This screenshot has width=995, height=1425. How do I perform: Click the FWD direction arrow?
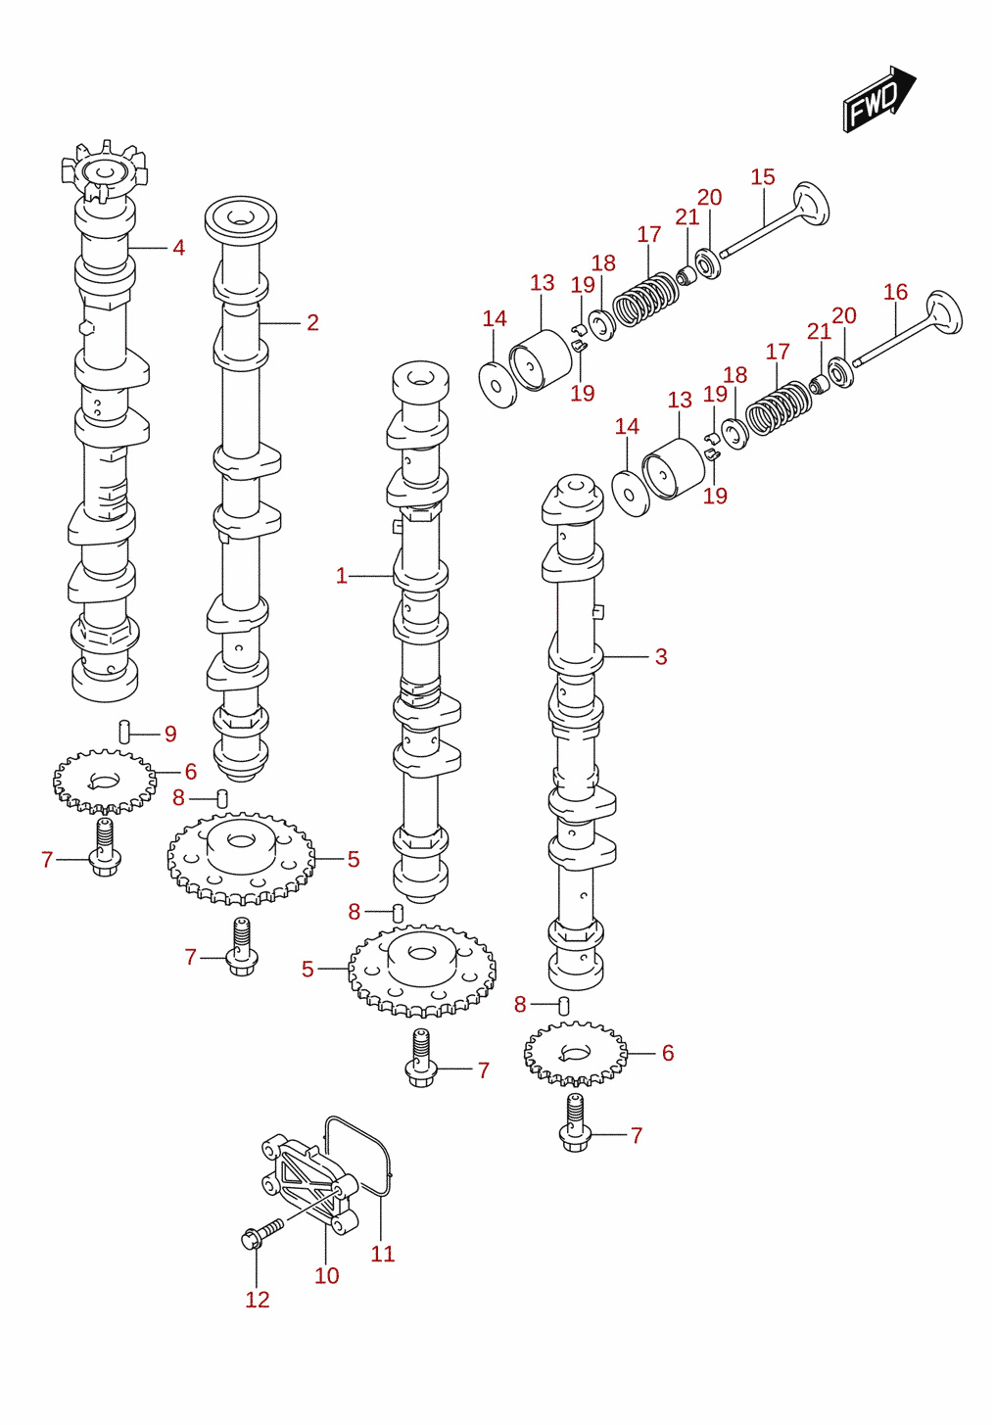point(879,99)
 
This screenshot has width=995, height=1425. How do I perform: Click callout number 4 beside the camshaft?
point(179,248)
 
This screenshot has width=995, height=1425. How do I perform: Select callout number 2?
point(312,322)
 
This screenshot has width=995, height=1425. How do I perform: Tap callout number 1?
point(342,576)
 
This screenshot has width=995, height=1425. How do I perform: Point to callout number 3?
point(661,656)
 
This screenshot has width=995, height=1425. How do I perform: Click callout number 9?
point(170,734)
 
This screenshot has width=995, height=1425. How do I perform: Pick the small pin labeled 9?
point(124,732)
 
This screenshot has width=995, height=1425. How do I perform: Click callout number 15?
point(763,177)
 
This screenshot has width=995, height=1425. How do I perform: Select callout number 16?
point(896,292)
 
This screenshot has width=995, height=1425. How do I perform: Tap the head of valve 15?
point(811,204)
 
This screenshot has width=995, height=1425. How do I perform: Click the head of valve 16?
point(944,312)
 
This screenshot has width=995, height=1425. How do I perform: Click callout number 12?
point(257,1300)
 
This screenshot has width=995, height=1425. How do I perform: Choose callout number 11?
point(383,1254)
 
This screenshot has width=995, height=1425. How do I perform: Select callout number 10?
point(327,1275)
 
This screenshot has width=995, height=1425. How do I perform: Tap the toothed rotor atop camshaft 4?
point(105,169)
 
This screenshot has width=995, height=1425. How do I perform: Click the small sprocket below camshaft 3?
point(576,1054)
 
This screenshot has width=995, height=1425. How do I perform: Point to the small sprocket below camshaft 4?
point(105,782)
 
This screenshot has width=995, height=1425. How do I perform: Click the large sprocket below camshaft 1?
point(422,971)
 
